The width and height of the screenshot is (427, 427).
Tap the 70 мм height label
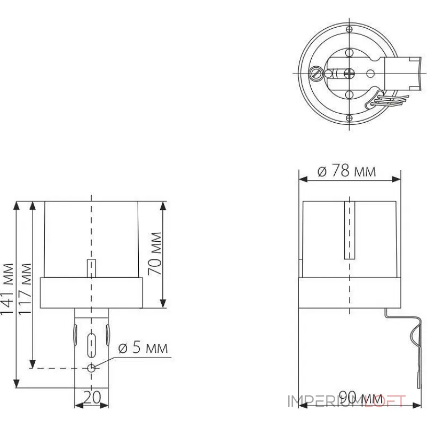[x=155, y=254]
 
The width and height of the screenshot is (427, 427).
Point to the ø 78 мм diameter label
[x=346, y=171]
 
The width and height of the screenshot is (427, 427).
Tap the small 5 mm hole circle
[x=92, y=368]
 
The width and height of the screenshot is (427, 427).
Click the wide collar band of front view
[x=91, y=293]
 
